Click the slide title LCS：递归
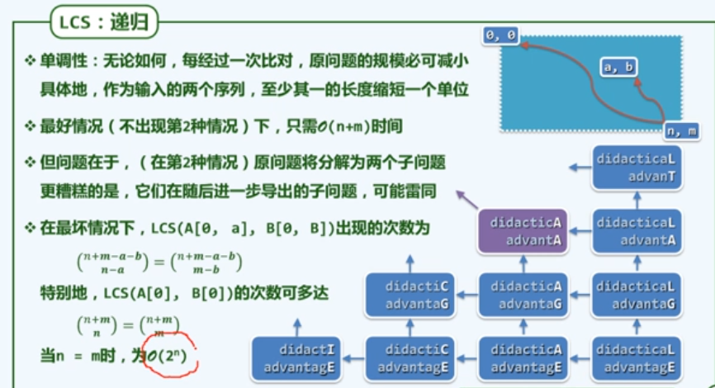[x=104, y=22]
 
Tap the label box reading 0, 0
[x=502, y=35]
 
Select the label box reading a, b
[x=618, y=68]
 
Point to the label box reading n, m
[x=682, y=130]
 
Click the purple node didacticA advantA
[x=525, y=231]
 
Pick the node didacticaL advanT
[x=637, y=168]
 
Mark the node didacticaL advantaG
[x=637, y=295]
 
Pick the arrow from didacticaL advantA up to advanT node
[x=637, y=199]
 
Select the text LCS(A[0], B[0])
[x=165, y=293]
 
